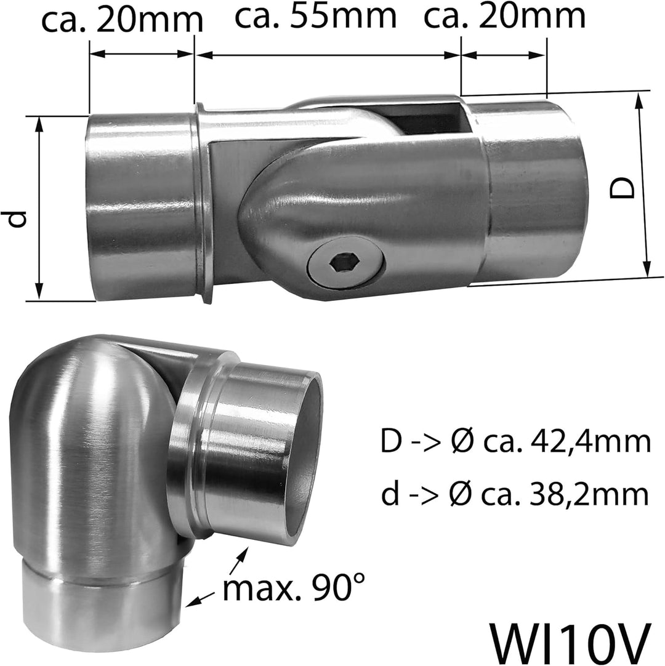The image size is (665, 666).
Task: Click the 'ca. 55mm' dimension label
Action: (x=316, y=16)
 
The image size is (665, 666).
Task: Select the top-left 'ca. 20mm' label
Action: (x=123, y=19)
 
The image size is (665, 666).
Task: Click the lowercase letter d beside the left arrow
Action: (x=18, y=219)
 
